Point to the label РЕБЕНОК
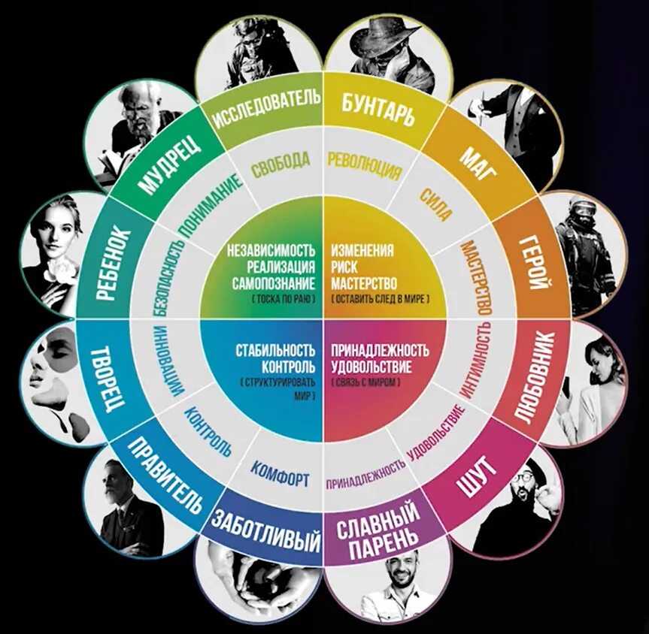click(114, 262)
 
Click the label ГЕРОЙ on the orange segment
click(536, 264)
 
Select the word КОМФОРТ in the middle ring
click(280, 475)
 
